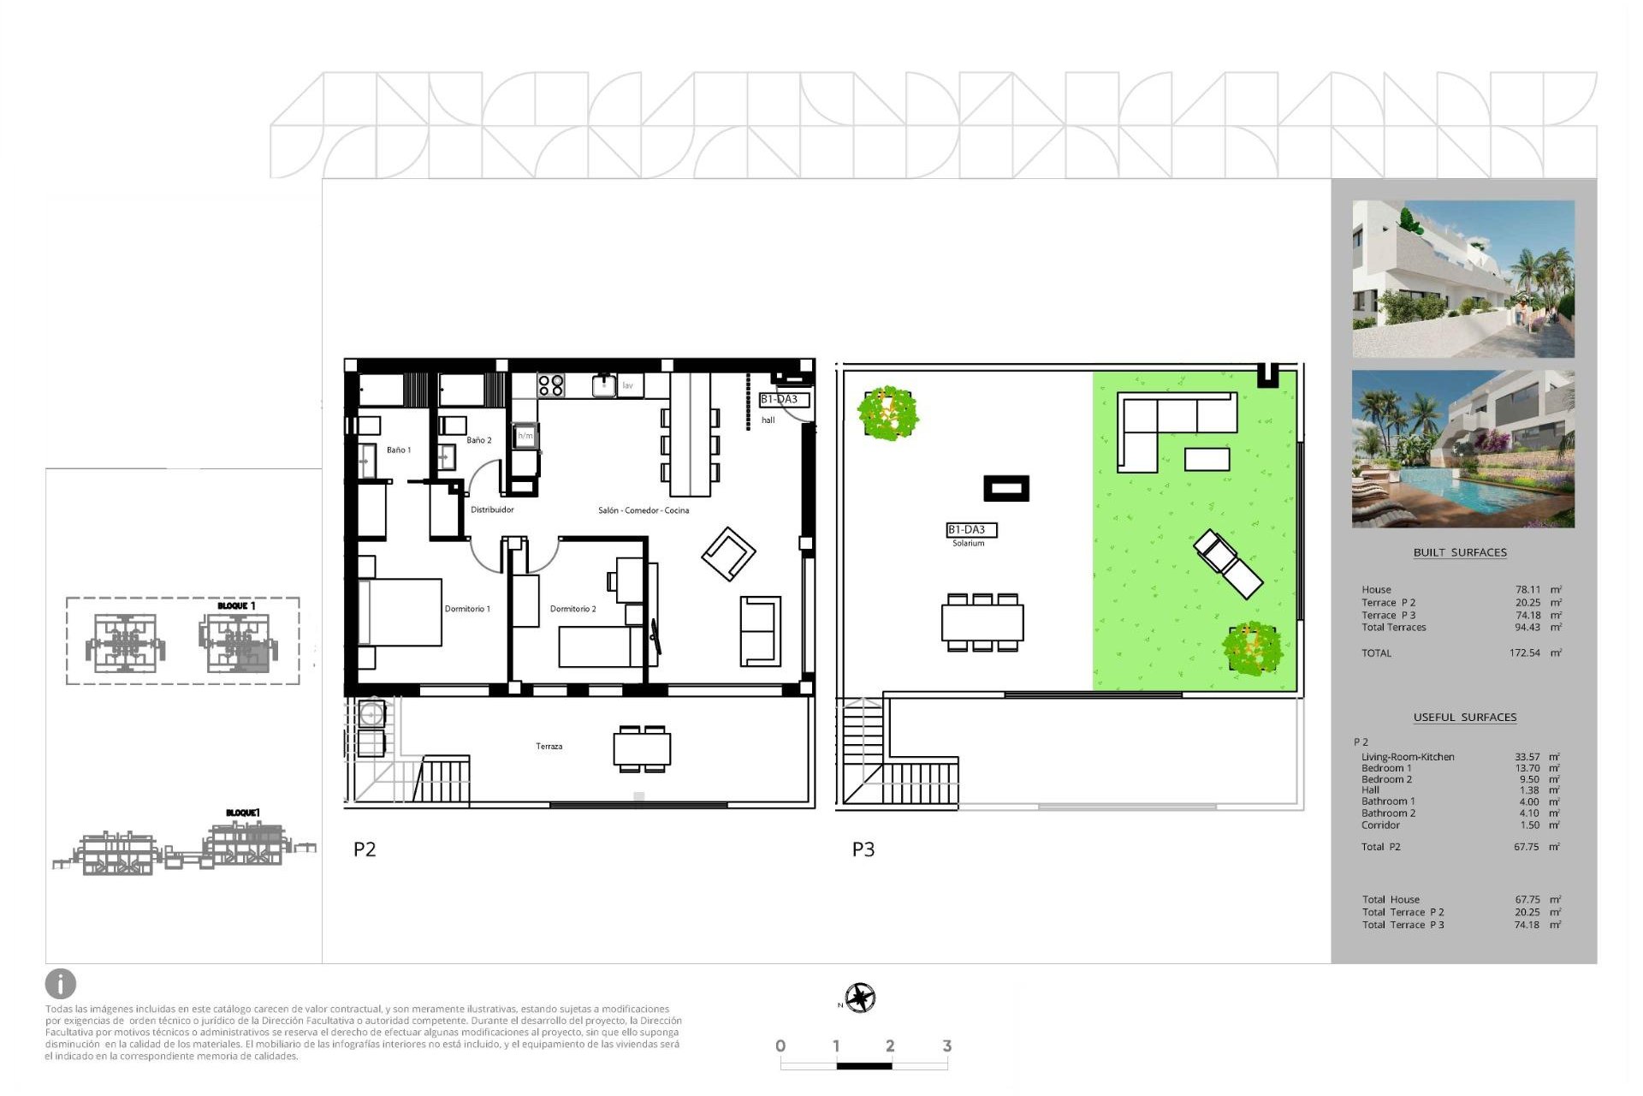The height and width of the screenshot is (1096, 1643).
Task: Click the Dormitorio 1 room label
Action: click(467, 609)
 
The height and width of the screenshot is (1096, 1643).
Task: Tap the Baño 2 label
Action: click(479, 440)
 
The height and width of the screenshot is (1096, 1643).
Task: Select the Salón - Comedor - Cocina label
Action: click(644, 510)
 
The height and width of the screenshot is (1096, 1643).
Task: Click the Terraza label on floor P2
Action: click(549, 747)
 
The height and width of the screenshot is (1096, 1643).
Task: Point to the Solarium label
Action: click(969, 543)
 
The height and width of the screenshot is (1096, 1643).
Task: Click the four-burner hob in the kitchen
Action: click(551, 385)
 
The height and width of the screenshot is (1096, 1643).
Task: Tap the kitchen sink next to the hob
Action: click(604, 385)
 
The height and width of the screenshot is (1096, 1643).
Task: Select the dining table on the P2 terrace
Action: click(642, 749)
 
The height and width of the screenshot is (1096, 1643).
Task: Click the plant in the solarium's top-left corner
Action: click(888, 414)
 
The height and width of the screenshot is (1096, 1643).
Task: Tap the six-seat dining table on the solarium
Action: click(982, 622)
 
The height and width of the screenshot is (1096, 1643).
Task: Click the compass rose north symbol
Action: click(860, 998)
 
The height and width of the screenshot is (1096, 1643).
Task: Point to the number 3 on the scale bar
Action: click(946, 1045)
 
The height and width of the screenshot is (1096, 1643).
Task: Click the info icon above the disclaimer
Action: click(61, 984)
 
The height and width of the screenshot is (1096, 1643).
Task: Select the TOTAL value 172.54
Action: click(1525, 653)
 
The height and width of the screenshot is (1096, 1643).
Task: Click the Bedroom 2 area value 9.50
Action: click(1529, 779)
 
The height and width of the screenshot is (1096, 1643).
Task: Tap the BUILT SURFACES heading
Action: click(1460, 552)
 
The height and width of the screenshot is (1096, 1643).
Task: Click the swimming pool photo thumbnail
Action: click(1463, 449)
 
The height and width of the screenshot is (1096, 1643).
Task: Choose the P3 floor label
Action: click(863, 849)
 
